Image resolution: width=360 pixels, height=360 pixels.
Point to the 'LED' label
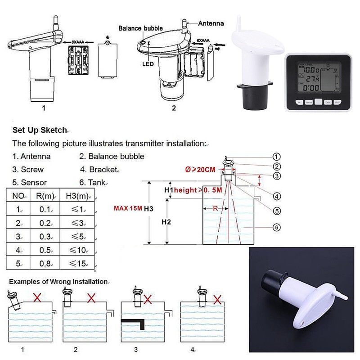(x=149, y=64)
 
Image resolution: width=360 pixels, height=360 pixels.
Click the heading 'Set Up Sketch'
(x=39, y=130)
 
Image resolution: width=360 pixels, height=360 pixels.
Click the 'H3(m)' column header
(x=80, y=196)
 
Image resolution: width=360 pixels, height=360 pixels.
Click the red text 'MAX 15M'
(x=128, y=208)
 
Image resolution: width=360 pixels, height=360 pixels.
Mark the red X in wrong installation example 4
(x=217, y=299)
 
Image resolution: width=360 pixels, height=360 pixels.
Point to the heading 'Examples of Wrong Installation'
(x=58, y=281)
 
